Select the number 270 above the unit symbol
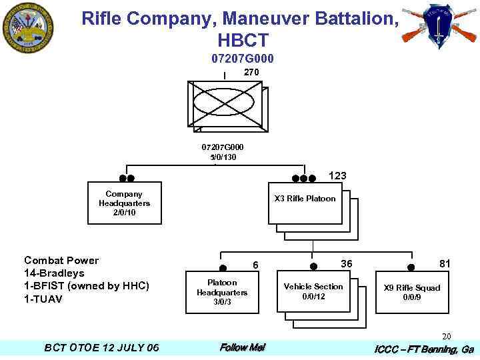251,72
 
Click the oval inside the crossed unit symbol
223,103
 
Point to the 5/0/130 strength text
223,157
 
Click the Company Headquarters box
125,203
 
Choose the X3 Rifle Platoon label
305,199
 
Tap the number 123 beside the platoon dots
337,176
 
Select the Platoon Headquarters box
222,292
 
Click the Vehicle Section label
313,287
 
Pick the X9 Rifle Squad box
411,292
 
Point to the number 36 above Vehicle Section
347,264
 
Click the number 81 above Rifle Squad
445,264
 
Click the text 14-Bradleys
55,273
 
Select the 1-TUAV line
43,299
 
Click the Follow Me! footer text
242,347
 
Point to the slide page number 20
447,336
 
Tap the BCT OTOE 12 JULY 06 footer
101,347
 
